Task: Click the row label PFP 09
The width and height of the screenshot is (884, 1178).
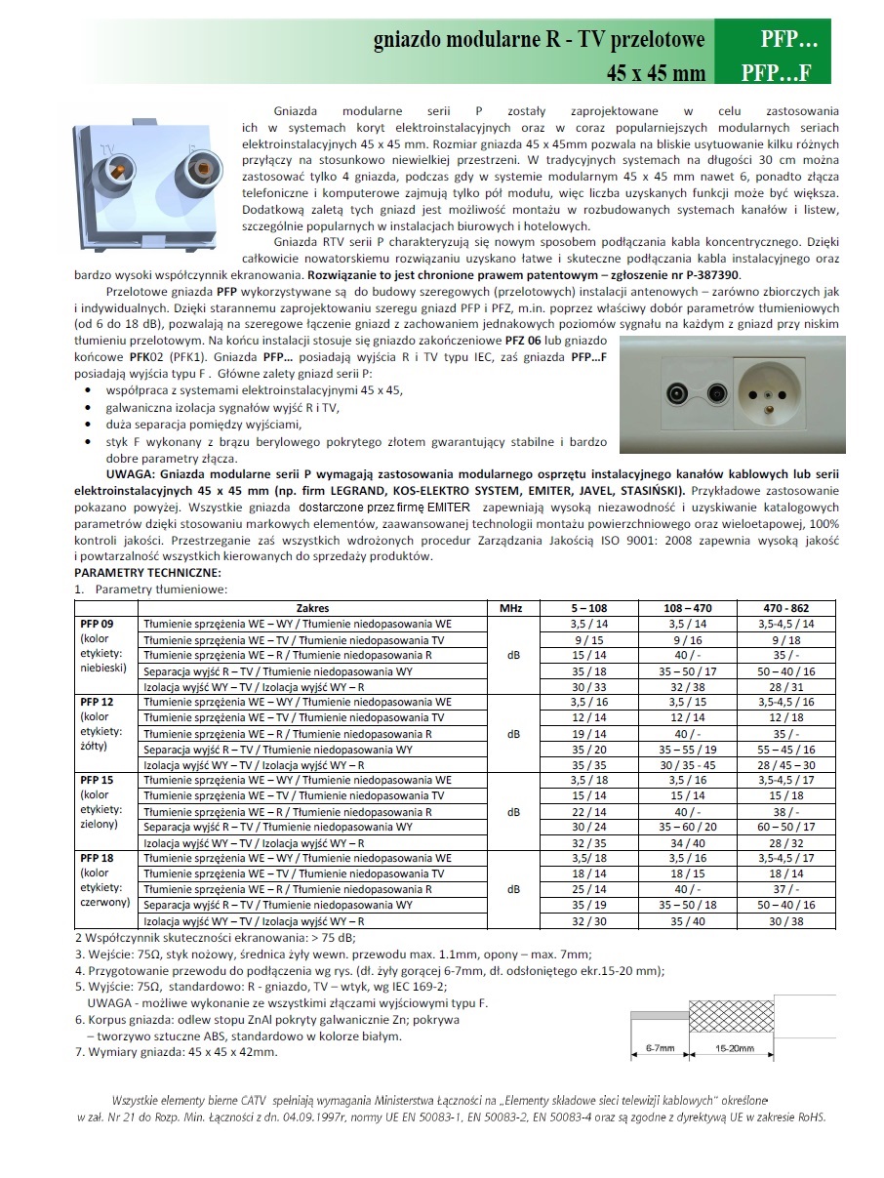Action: (x=95, y=623)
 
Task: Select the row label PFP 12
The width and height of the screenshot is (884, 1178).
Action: (x=95, y=702)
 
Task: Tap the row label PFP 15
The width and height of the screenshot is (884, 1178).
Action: (x=95, y=780)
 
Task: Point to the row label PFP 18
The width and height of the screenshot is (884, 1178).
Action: (x=95, y=858)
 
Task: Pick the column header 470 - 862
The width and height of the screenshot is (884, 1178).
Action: (x=786, y=607)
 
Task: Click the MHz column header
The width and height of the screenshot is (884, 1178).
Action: (x=511, y=607)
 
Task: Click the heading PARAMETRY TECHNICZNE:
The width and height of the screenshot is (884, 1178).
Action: (x=147, y=572)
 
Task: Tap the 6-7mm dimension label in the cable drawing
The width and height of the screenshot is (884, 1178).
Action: (x=661, y=1048)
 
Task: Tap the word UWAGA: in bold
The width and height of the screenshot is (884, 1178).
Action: (x=108, y=472)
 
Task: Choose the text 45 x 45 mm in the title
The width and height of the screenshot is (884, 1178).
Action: (x=655, y=71)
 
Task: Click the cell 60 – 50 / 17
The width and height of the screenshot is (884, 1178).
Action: (x=786, y=827)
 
